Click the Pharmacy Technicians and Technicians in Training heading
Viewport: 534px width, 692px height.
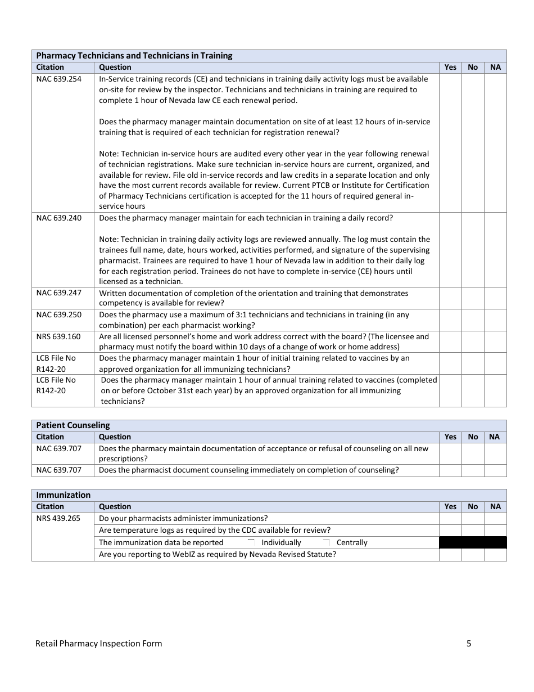pos(134,56)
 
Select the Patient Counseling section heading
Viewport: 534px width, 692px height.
pos(73,425)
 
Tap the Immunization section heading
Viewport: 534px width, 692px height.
pos(64,495)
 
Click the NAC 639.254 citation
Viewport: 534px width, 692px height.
pos(59,79)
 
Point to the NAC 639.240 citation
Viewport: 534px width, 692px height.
pos(59,218)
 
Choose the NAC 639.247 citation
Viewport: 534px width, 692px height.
pos(59,293)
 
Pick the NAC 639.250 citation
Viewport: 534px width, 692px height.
pos(59,314)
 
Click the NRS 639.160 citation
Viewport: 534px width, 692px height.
pos(58,336)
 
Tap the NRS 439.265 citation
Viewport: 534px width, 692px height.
pos(58,518)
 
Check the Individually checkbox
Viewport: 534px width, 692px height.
pos(251,542)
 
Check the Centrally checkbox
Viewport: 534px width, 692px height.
pos(327,542)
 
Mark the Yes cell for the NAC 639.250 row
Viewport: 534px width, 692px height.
pos(450,320)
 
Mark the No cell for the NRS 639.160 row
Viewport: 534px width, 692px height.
pos(473,341)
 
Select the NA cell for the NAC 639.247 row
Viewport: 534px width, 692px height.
pos(495,298)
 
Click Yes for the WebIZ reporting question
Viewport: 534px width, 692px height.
pos(450,555)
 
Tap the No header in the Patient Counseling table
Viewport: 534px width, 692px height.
pos(473,437)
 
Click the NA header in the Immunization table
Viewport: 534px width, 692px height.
pos(495,506)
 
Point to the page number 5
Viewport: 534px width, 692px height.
pos(469,644)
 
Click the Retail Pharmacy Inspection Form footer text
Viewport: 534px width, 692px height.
pos(99,644)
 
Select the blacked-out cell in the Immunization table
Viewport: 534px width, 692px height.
pos(473,542)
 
